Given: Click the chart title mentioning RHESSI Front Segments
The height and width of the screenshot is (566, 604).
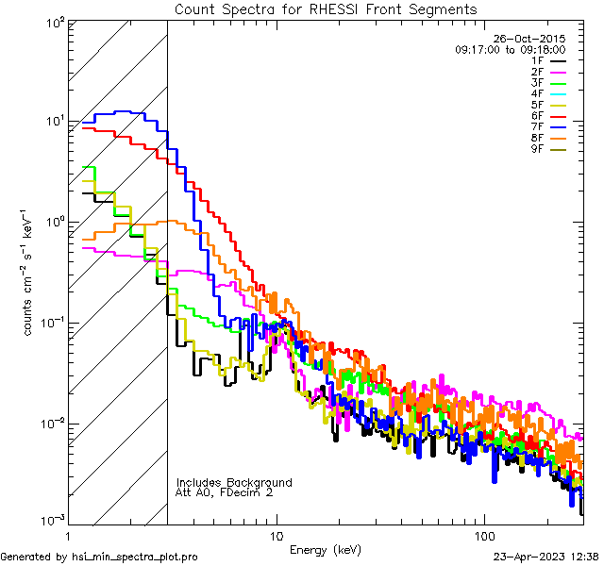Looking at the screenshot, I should [326, 9].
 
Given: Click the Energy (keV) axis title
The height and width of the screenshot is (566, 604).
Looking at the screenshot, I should [325, 549].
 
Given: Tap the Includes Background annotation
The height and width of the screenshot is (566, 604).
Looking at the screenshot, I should [234, 482].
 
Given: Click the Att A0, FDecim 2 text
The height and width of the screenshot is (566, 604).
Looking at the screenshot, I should [226, 492].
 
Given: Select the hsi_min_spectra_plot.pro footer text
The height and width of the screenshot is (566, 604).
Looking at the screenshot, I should [99, 557].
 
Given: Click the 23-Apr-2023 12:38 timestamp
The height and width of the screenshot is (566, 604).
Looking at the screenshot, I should [545, 557].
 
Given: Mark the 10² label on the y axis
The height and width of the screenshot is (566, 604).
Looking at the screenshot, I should [54, 21].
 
